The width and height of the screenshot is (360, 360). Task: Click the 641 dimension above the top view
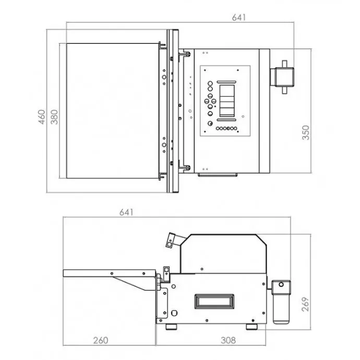pos(239,17)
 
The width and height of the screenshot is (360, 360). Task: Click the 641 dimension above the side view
pos(126,212)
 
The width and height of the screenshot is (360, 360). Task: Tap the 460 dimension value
pos(42,117)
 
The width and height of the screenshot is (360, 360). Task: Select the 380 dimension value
pos(54,117)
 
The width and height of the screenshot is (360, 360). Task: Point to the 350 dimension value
pos(306,133)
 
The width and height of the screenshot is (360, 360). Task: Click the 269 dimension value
pos(305,304)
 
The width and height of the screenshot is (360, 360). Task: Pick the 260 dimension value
pos(101,340)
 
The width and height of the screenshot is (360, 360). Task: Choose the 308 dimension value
pos(228,340)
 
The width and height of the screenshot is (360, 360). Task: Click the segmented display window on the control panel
pos(227,101)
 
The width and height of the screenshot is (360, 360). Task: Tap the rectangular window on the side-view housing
pos(214,302)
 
